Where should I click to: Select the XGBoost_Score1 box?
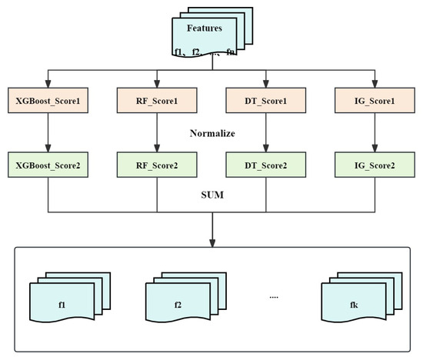[x=48, y=101]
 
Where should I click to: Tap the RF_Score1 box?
[x=157, y=101]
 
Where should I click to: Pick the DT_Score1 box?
[x=266, y=101]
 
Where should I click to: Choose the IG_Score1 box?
[x=375, y=101]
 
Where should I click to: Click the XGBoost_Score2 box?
[x=48, y=165]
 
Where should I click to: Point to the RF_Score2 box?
[x=157, y=165]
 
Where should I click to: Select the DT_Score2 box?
[x=266, y=165]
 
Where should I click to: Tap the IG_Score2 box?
[x=375, y=165]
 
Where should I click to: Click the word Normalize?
[x=211, y=133]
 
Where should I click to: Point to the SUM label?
[x=211, y=196]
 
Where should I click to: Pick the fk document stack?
[x=355, y=301]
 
